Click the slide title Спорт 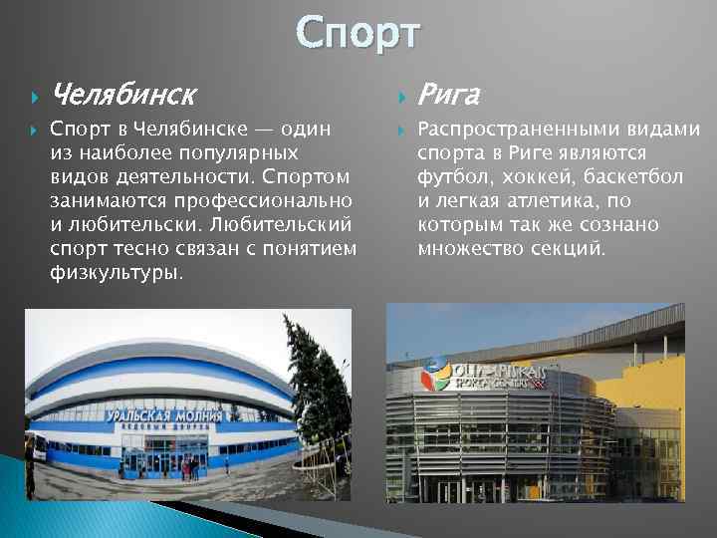click(358, 32)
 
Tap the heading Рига click(449, 96)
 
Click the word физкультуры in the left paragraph click(116, 271)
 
